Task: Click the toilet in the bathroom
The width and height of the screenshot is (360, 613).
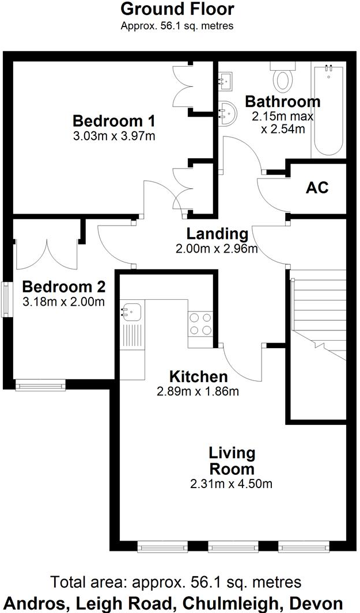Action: click(282, 78)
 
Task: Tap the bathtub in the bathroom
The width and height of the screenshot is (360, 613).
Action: click(328, 109)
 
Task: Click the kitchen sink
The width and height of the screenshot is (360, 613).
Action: click(131, 311)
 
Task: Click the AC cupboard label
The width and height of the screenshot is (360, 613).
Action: click(317, 188)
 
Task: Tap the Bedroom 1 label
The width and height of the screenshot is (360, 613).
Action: click(115, 121)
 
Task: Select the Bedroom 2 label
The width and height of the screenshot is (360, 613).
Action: click(63, 287)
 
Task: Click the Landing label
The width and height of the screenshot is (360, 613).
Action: click(217, 234)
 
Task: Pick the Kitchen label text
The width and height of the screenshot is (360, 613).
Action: click(198, 377)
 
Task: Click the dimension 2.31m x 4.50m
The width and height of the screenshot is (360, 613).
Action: click(232, 483)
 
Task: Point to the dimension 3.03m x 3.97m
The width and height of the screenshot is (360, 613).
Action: click(115, 136)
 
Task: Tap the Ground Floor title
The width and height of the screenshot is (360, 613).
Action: click(177, 10)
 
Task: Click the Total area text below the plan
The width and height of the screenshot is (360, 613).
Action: click(176, 582)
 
